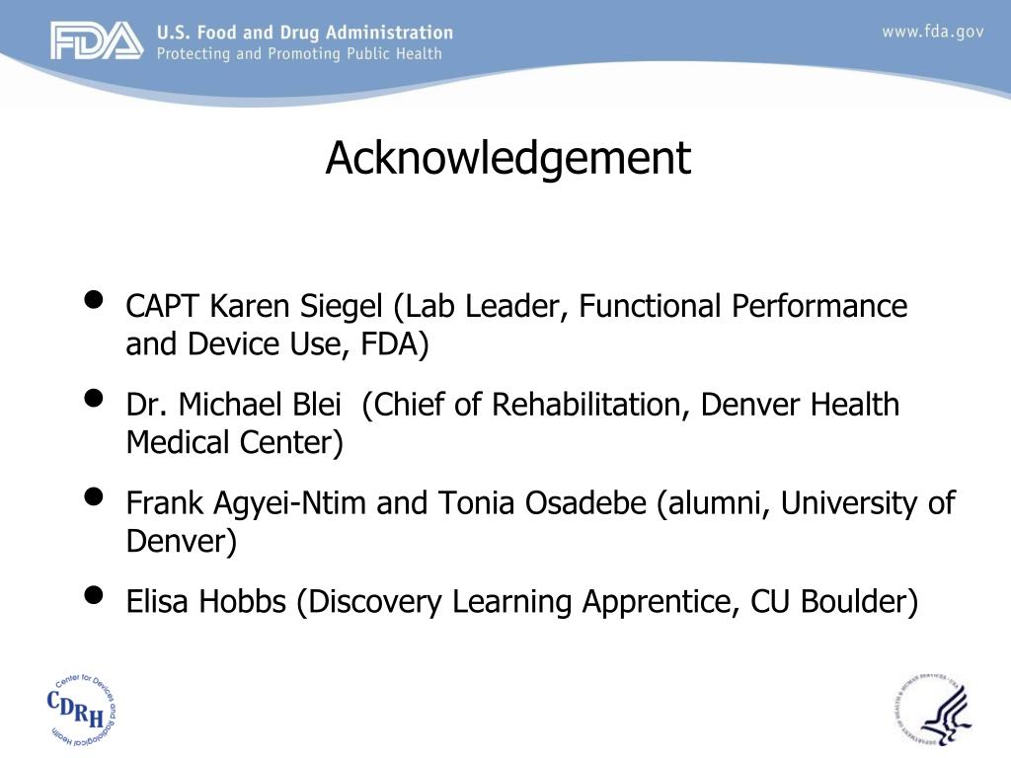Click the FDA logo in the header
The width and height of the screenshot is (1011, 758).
97,41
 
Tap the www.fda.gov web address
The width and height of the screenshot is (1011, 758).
932,32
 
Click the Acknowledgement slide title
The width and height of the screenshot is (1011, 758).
508,158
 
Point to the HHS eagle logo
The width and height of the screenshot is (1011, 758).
934,709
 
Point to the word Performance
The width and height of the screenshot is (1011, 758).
818,307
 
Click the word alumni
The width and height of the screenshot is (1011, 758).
716,503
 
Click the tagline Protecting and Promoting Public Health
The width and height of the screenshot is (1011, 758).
299,53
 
